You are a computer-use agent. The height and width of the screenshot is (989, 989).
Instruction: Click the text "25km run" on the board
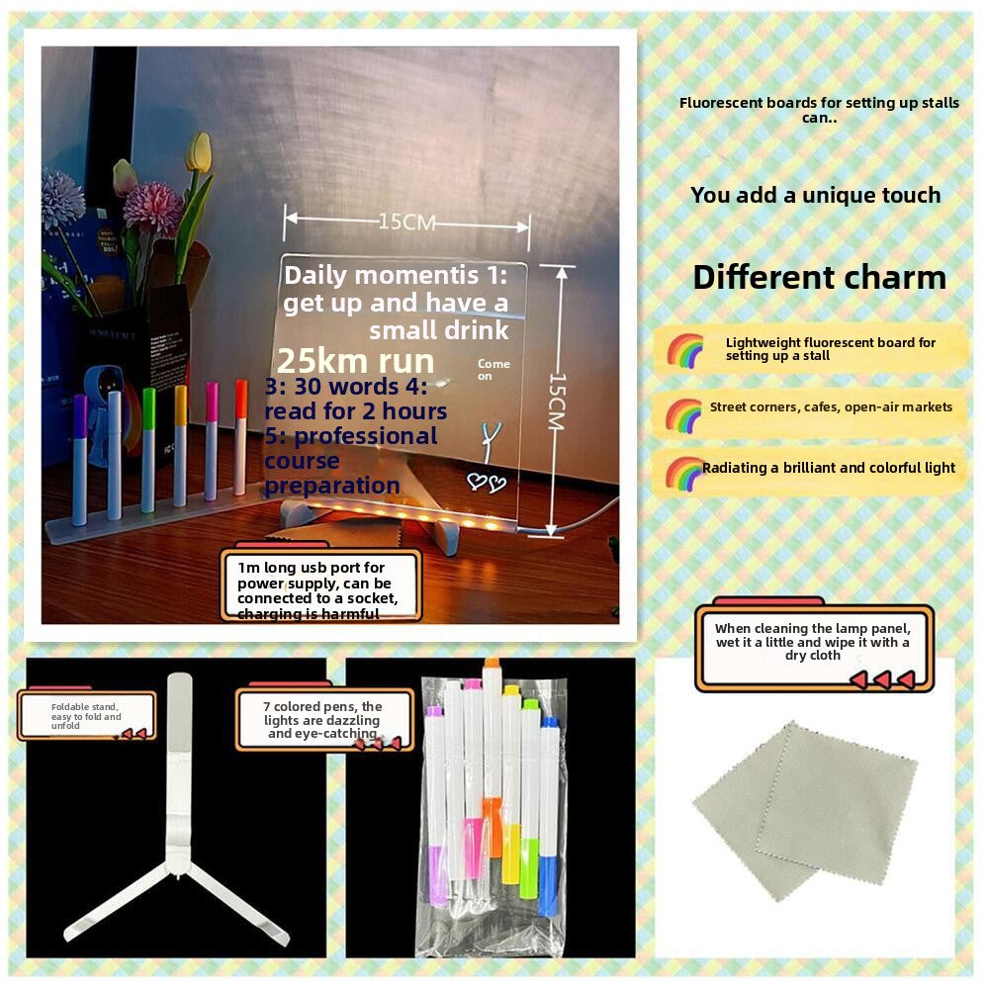tap(355, 361)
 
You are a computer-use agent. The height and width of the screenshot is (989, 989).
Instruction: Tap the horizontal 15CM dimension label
tap(406, 223)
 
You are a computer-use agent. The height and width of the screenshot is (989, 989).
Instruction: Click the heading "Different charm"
tap(819, 277)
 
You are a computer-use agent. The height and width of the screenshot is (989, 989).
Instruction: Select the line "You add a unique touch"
tap(815, 196)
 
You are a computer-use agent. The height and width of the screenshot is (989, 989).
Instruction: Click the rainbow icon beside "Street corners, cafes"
tap(683, 414)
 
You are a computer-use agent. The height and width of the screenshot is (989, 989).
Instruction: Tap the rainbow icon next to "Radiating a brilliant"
tap(683, 473)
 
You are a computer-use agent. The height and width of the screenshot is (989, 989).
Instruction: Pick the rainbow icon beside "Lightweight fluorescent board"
tap(684, 350)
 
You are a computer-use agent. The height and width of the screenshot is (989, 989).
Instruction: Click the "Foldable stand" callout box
tap(87, 715)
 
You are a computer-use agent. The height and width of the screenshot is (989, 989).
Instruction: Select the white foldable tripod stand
tap(178, 831)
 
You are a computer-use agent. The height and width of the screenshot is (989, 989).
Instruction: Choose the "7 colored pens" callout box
tap(324, 719)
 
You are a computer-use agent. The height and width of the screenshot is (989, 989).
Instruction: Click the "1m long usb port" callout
tap(321, 587)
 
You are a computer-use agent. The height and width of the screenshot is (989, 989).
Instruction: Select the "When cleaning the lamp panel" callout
tap(813, 647)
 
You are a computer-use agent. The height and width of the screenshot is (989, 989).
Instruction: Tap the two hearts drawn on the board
tap(486, 483)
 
